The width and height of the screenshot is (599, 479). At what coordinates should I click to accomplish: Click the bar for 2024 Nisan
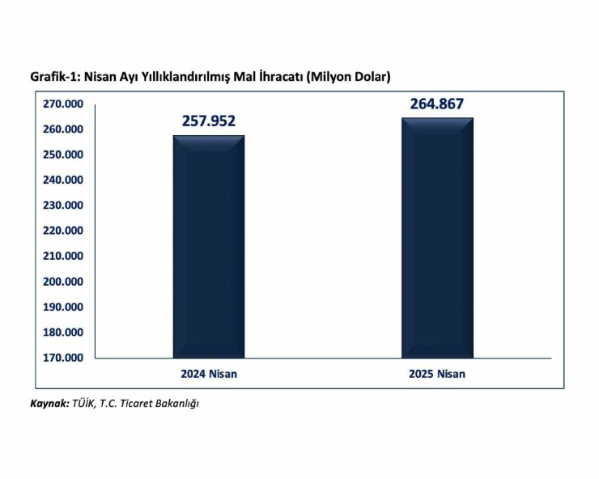[208, 247]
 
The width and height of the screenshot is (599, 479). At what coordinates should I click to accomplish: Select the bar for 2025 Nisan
[437, 238]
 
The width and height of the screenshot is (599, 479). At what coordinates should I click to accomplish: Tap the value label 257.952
[208, 121]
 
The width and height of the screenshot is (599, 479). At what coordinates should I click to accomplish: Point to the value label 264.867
[437, 104]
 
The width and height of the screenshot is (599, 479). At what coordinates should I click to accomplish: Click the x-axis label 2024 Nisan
[209, 374]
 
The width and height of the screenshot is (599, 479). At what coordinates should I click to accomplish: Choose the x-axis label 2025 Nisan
[438, 374]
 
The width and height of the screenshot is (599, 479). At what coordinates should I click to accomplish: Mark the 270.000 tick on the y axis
[62, 104]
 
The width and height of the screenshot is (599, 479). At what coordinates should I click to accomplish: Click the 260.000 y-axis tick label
[62, 129]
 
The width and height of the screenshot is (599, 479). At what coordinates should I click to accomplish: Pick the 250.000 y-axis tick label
[62, 155]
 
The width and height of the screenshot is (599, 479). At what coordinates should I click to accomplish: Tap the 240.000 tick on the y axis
[62, 180]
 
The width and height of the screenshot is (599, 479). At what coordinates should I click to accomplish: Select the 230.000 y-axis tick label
[62, 206]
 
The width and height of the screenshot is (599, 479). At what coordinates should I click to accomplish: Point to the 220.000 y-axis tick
[62, 231]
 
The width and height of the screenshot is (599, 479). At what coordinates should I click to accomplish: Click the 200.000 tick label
[62, 282]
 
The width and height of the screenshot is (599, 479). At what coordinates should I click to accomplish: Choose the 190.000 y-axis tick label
[62, 307]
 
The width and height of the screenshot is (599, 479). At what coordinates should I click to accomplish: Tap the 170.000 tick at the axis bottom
[62, 358]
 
